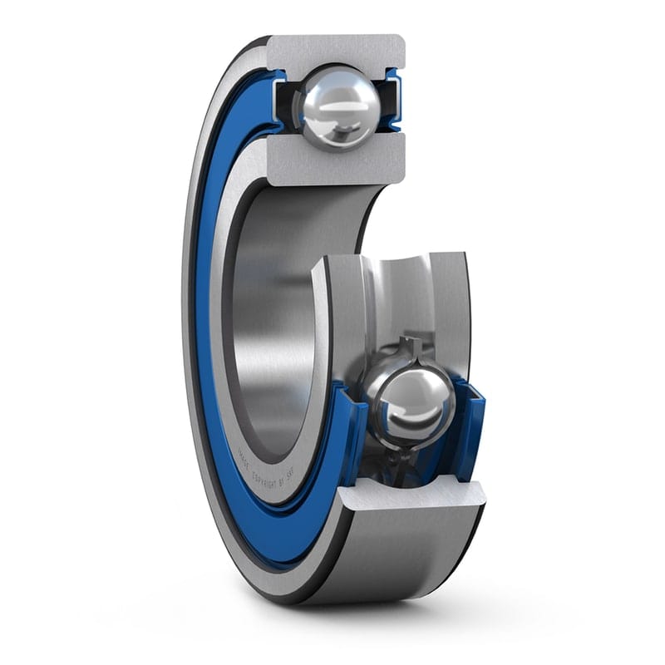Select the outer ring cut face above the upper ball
(337, 50)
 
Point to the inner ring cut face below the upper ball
(337, 161)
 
